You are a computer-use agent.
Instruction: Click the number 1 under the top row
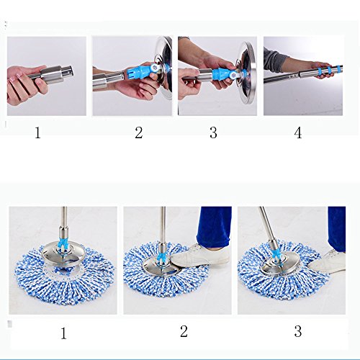coord(37,132)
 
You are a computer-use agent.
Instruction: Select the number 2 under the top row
coord(139,132)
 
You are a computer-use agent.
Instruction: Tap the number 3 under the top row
coord(213,132)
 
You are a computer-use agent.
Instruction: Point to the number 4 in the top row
coord(298,132)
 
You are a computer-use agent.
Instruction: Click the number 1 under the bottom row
coord(63,333)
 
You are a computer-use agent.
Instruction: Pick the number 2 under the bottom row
coord(184,331)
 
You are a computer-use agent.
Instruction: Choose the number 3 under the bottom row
coord(298,331)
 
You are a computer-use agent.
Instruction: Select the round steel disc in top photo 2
coord(163,68)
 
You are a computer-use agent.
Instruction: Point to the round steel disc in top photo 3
coord(246,72)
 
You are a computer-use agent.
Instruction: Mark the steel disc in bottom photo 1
coord(64,253)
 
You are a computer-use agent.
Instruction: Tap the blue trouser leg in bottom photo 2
coord(214,227)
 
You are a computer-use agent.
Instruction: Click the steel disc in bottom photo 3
coord(281,264)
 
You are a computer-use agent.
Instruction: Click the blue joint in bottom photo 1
coord(63,244)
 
